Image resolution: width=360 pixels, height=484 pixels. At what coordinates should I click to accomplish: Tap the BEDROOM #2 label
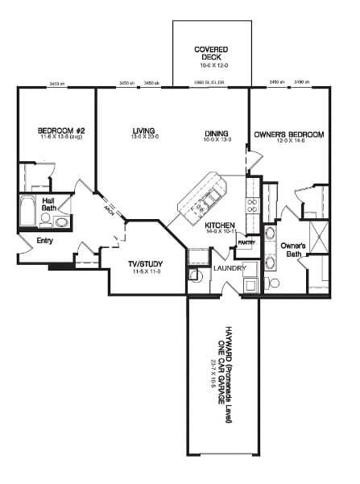tap(57, 131)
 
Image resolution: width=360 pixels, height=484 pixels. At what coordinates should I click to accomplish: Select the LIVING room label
tap(145, 131)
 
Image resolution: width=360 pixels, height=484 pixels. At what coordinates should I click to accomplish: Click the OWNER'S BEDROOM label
tap(288, 134)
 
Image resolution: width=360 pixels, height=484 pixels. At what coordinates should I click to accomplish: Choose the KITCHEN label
tap(219, 225)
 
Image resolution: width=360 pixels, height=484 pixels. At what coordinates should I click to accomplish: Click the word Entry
tap(45, 240)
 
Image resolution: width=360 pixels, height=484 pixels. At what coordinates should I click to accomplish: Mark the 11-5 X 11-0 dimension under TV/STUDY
tap(146, 273)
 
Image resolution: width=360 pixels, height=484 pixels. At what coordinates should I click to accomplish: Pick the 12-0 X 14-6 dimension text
tap(288, 142)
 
